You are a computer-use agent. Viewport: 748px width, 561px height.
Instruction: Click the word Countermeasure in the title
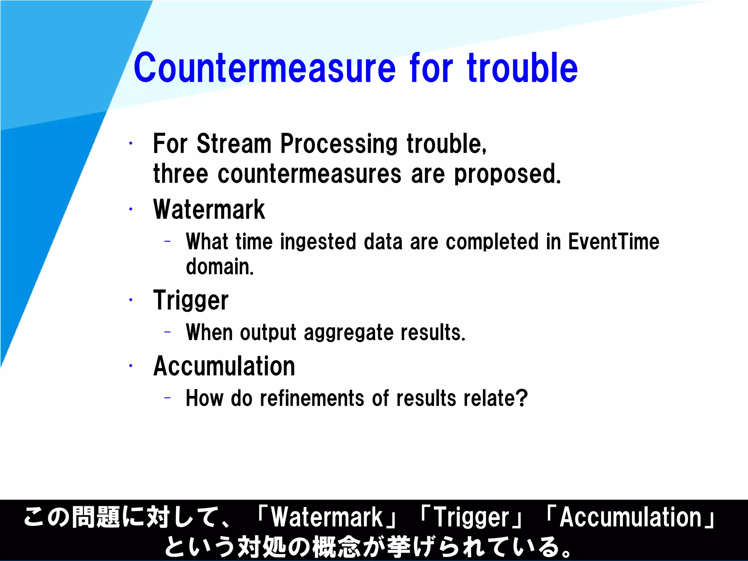[x=264, y=68]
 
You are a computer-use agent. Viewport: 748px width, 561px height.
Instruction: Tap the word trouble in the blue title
[x=522, y=68]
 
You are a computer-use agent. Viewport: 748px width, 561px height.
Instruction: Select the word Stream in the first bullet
[x=234, y=144]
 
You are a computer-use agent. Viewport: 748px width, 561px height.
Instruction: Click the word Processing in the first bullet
[x=339, y=144]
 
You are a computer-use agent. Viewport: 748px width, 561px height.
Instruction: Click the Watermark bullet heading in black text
[x=209, y=210]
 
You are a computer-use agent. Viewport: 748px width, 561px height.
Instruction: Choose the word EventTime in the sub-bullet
[x=614, y=242]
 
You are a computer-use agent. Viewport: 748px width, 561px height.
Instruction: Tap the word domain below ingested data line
[x=219, y=267]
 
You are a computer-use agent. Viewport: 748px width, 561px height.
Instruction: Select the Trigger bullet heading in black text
[x=191, y=300]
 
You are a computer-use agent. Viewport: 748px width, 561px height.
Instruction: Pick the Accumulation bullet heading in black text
[x=224, y=366]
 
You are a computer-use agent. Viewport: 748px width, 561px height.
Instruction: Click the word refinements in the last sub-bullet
[x=312, y=398]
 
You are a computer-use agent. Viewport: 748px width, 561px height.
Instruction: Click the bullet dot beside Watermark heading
[x=130, y=209]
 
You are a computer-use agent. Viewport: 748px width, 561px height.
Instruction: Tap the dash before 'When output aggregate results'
[x=168, y=332]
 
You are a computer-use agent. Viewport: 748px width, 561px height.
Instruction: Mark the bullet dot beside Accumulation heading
[x=130, y=365]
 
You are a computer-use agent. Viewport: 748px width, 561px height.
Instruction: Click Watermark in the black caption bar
[x=327, y=518]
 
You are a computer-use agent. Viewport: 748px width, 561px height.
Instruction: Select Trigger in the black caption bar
[x=472, y=518]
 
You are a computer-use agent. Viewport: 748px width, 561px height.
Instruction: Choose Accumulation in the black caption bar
[x=631, y=518]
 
